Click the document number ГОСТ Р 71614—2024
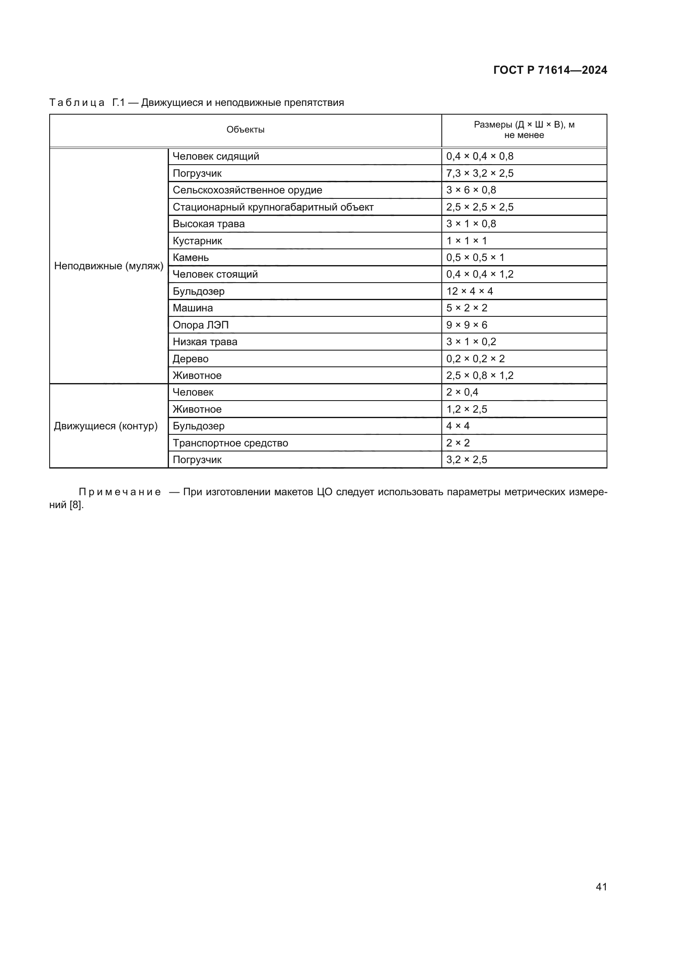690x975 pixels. tap(550, 70)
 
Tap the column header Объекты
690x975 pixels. tap(245, 130)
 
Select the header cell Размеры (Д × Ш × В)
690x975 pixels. tap(524, 130)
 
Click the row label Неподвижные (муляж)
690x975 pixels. tap(109, 266)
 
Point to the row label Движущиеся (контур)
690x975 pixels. tap(106, 426)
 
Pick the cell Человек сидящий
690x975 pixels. tap(216, 157)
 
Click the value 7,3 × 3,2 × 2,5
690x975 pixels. tap(480, 174)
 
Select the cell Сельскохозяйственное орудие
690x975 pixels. tap(247, 190)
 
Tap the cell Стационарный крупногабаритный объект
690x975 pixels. tap(273, 207)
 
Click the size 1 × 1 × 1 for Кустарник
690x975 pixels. tap(466, 241)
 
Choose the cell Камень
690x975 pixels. tap(191, 258)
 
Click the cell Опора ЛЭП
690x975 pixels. tap(201, 325)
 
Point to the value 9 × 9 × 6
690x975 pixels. tap(466, 325)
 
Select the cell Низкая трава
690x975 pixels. tap(205, 342)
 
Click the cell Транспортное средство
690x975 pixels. tap(230, 444)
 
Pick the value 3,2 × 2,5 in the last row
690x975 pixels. tap(466, 460)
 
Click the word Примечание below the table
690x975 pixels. tap(120, 492)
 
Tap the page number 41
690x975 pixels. tap(601, 887)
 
